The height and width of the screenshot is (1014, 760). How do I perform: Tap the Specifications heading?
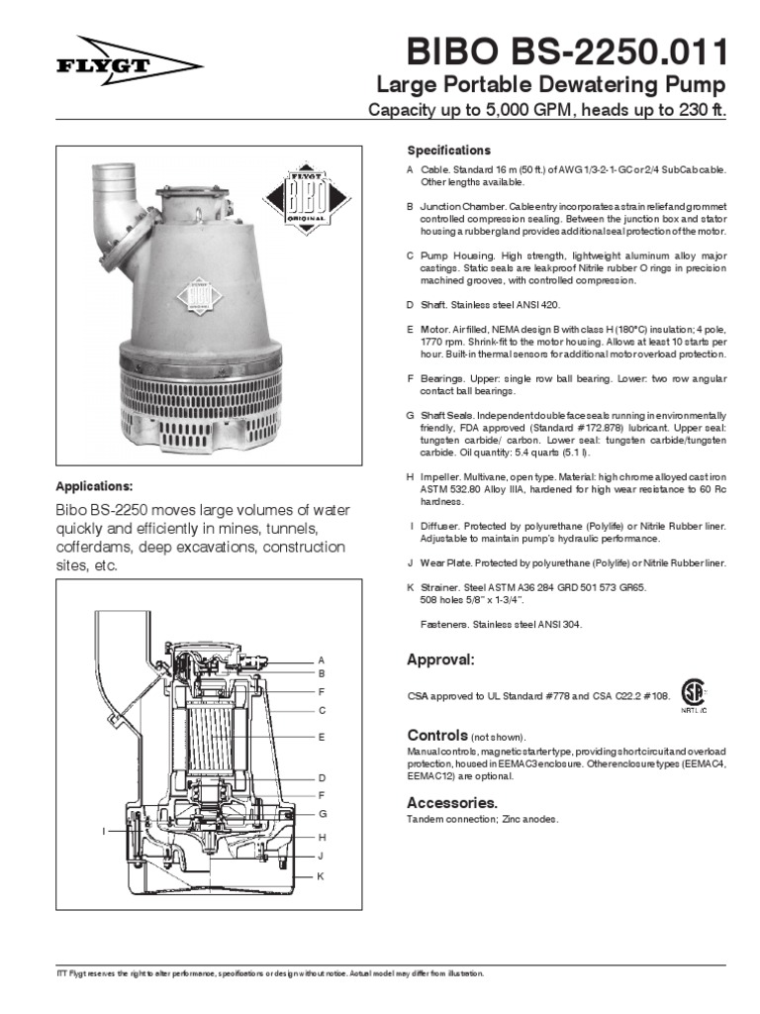pos(448,151)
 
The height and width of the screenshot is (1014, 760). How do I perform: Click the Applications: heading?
pos(94,486)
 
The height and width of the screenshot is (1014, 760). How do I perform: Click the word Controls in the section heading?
pos(436,736)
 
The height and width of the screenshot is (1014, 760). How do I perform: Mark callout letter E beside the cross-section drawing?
pos(322,738)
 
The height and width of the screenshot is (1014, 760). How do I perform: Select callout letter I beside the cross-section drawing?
pos(104,831)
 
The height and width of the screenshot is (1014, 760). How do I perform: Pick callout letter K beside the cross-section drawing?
pos(322,876)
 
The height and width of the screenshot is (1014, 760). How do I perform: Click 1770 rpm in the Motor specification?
pos(427,341)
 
